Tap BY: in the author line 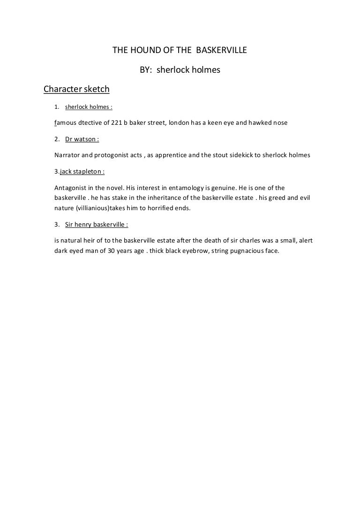[x=146, y=70]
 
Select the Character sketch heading [x=76, y=89]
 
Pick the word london [x=180, y=122]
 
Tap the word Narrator [x=67, y=155]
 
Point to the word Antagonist [x=71, y=188]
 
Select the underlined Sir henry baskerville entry [x=97, y=224]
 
